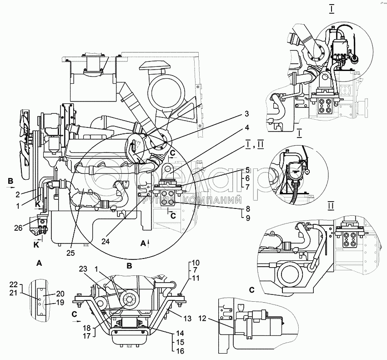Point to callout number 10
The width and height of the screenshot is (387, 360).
[x=195, y=263]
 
